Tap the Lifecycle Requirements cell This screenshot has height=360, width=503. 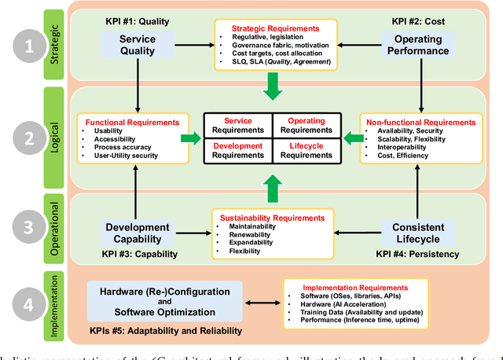[x=307, y=149]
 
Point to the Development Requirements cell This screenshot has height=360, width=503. [x=237, y=149]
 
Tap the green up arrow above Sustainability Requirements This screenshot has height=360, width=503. [x=272, y=189]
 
